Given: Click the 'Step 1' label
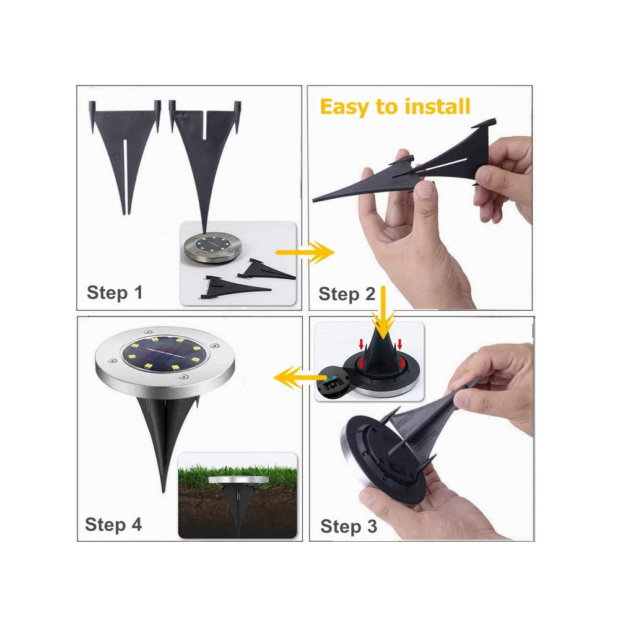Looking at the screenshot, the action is coord(115,293).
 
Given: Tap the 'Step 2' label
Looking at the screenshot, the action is coord(347,294).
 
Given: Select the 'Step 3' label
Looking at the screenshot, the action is coord(349,526).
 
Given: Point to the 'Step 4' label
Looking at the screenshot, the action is coord(113,524).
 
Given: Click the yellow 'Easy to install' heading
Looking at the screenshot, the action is coord(395,107).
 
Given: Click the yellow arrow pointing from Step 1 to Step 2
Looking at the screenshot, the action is coord(305,252).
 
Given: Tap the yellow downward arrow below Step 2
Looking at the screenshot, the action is coord(383,312).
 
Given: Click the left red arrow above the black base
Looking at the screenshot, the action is coord(362,344).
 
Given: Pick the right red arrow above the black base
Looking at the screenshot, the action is coord(399,344).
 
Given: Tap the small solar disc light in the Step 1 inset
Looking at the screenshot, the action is coord(213,247).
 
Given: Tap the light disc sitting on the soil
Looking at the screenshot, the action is coord(238,481).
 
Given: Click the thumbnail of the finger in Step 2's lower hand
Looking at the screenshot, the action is coord(425,189).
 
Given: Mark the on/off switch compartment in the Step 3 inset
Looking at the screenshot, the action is coord(334,384).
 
